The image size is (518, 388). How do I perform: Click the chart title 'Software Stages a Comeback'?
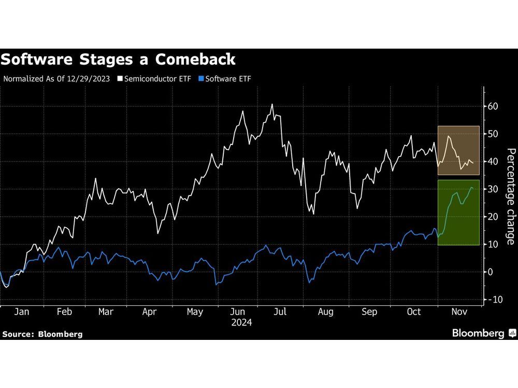click(118, 59)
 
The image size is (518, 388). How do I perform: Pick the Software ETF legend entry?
click(228, 79)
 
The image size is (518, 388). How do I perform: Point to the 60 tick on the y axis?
click(493, 106)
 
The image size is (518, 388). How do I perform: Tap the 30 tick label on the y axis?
click(493, 189)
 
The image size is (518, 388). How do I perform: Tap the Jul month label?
click(280, 312)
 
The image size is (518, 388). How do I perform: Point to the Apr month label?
click(149, 312)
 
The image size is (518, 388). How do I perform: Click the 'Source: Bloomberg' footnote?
click(42, 334)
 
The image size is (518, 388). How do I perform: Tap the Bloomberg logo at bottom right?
click(483, 333)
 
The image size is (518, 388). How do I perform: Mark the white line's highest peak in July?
click(272, 105)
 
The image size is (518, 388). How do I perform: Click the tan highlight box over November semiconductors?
click(458, 150)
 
